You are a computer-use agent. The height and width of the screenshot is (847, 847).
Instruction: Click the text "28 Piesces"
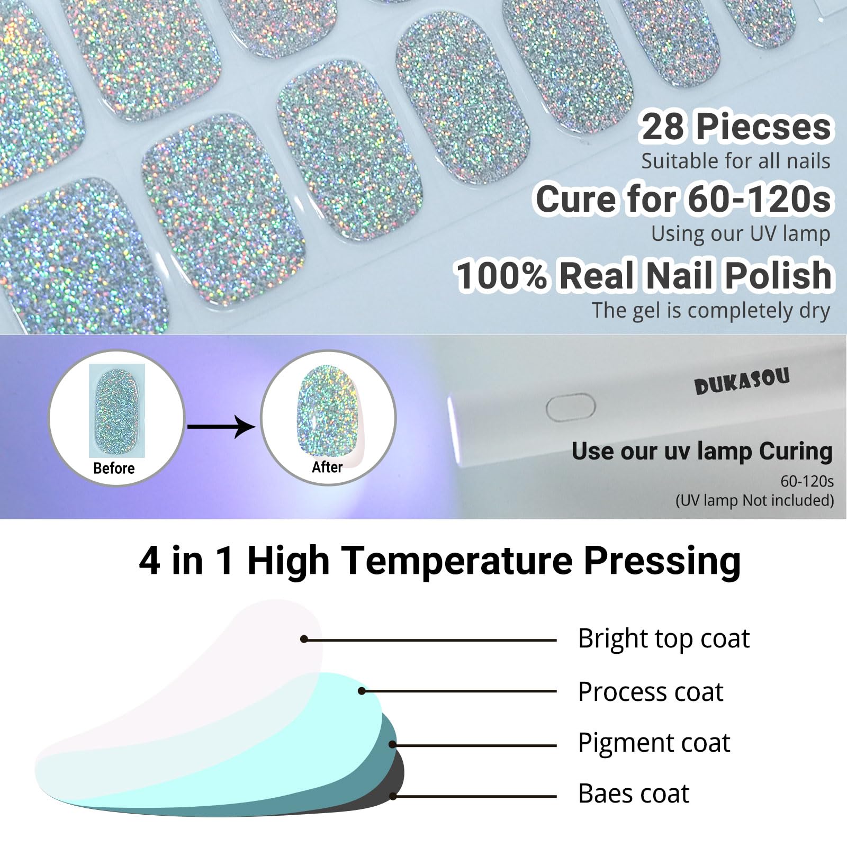[736, 128]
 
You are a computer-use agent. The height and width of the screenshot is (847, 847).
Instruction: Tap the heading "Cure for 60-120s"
[683, 200]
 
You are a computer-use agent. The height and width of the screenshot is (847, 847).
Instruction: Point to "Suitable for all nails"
[736, 161]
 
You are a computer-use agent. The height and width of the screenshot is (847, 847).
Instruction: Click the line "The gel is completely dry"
[711, 310]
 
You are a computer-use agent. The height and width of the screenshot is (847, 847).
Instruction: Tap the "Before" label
[114, 468]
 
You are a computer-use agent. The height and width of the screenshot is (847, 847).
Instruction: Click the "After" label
[327, 467]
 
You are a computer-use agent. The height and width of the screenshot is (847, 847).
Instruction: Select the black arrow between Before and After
[221, 427]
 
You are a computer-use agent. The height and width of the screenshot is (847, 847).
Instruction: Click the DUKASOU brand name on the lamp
[742, 380]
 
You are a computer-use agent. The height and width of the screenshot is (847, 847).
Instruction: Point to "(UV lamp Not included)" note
[754, 500]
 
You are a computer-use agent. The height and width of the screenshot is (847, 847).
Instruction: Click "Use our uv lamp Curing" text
[702, 452]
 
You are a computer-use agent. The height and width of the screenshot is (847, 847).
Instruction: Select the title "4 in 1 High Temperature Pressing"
[440, 561]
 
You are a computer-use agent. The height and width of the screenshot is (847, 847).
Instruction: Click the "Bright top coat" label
[664, 639]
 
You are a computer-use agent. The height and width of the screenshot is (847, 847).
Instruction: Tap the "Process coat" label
[651, 691]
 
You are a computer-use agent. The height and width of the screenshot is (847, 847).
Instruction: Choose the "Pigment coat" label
[654, 743]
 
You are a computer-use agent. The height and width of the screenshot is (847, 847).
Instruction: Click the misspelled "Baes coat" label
[634, 794]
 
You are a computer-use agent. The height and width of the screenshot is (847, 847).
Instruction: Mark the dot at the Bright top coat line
[304, 639]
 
